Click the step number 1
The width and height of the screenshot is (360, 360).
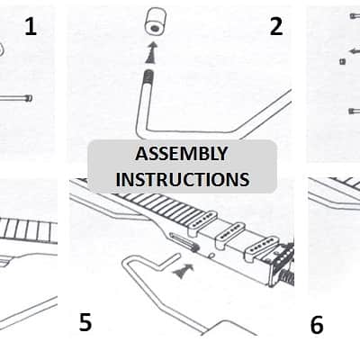tap(31, 27)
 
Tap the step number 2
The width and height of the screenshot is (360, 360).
tap(276, 27)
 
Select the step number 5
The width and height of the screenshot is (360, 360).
tap(85, 322)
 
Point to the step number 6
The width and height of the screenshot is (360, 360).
tap(317, 325)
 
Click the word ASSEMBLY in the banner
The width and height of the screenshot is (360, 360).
tap(182, 154)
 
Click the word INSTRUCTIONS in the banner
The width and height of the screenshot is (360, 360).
tap(183, 179)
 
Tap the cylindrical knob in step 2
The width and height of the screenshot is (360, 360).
tap(156, 21)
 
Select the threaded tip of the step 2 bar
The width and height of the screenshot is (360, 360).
tap(148, 76)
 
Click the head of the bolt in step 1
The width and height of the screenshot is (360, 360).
tap(29, 98)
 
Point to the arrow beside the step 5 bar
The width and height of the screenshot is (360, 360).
tap(183, 271)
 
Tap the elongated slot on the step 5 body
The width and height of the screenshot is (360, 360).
tap(184, 241)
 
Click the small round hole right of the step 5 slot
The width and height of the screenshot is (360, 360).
tap(211, 256)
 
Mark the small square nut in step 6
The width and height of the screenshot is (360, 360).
tap(342, 61)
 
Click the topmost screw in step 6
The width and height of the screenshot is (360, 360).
tap(355, 16)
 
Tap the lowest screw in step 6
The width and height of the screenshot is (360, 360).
tap(355, 111)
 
